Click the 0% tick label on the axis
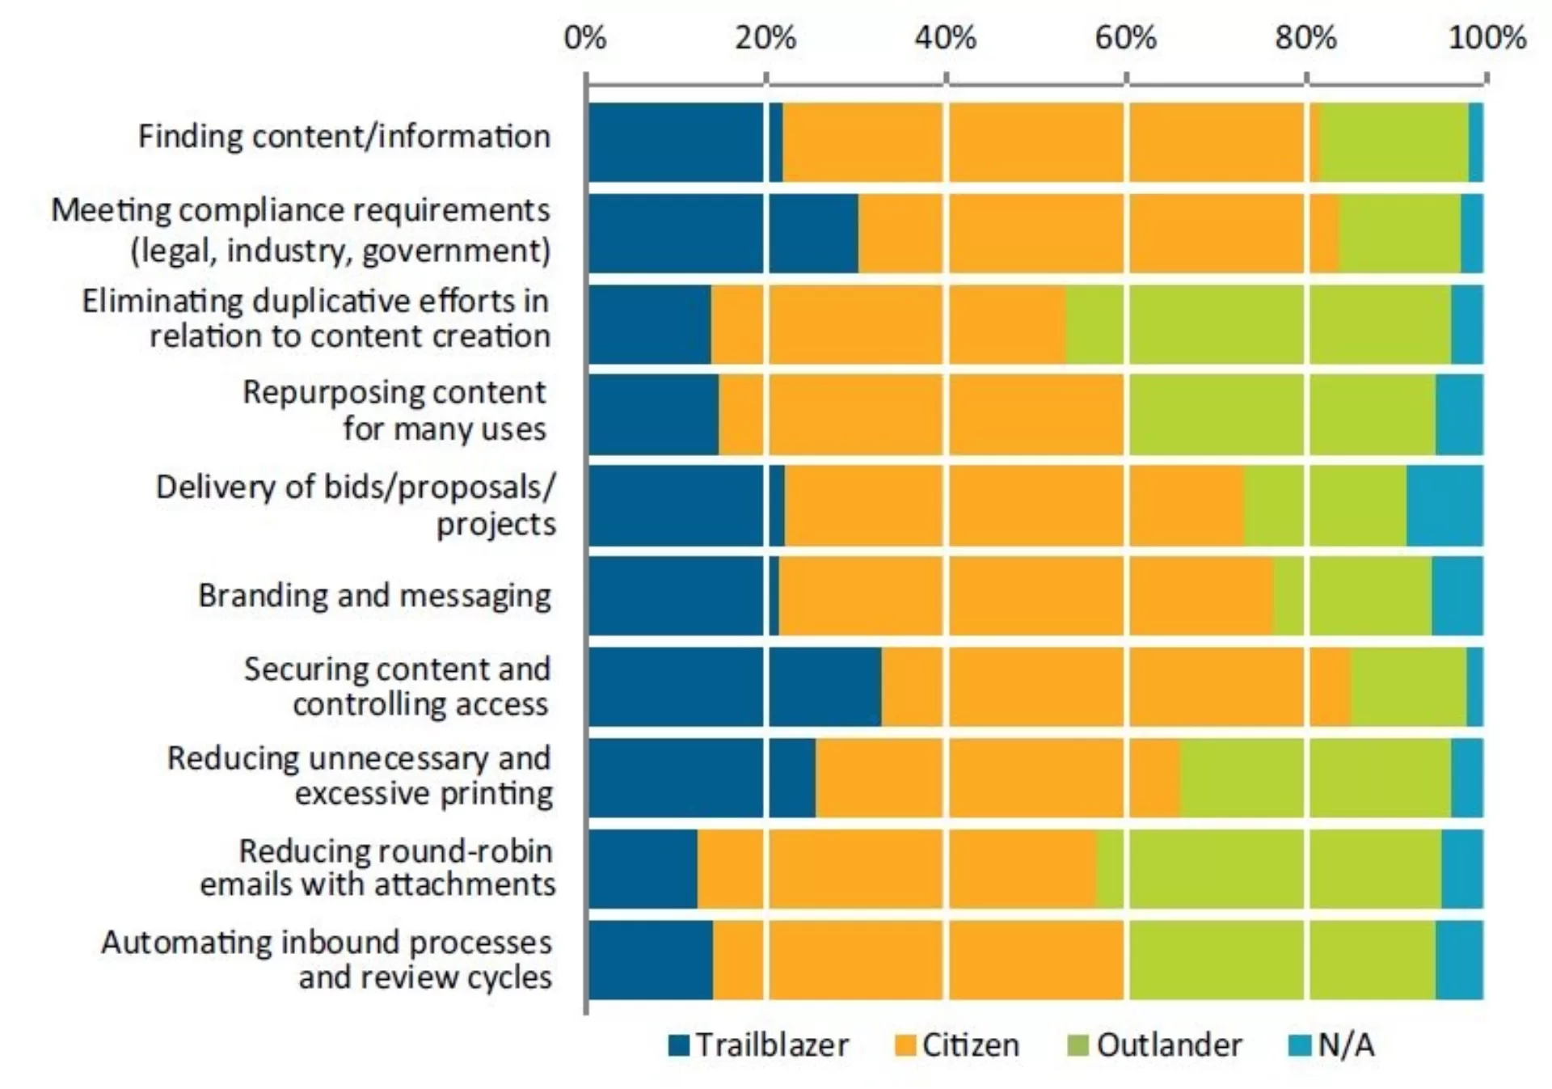pos(585,37)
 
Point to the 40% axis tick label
pos(946,37)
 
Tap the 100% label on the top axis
pos(1487,37)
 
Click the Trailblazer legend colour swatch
pos(679,1045)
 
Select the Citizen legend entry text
pos(971,1045)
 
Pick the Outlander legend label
pos(1169,1045)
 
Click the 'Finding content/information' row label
pos(344,136)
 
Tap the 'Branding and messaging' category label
pos(375,596)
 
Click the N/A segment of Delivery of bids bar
pos(1445,505)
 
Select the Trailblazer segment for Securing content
pos(735,687)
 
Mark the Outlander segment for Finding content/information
pos(1394,142)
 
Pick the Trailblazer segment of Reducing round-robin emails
pos(643,869)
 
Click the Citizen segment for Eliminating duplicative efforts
pos(888,324)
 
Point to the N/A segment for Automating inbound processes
pos(1460,960)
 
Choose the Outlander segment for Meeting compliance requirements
pos(1400,234)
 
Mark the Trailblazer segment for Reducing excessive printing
pos(702,778)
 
